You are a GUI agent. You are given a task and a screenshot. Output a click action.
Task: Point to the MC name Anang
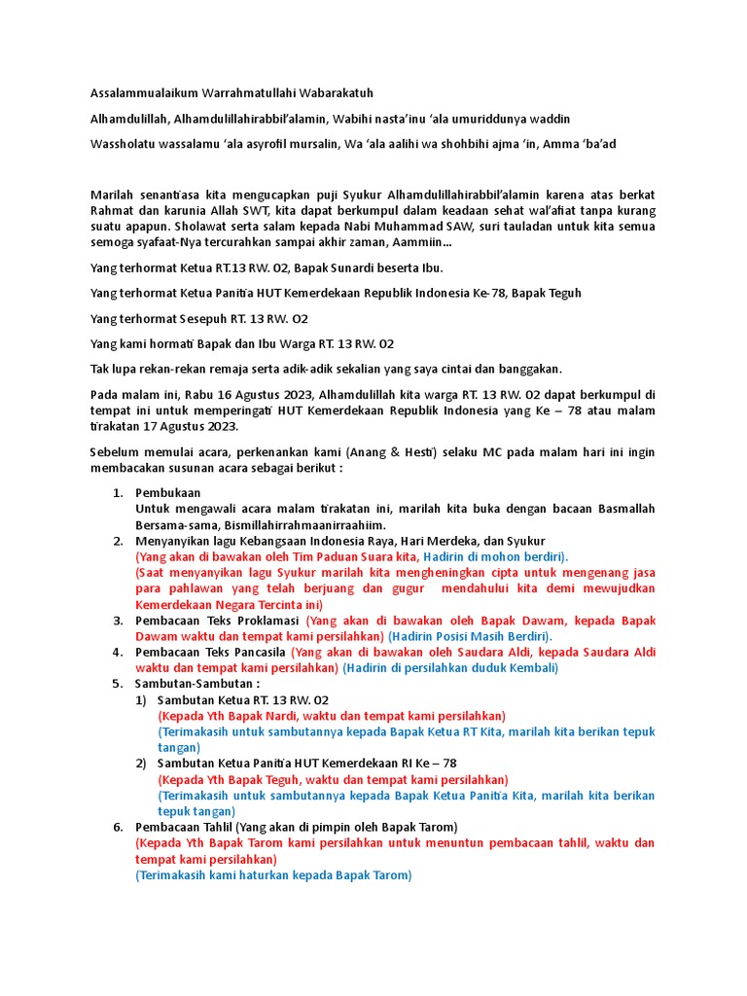tap(369, 452)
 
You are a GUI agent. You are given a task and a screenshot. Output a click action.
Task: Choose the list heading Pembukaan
tap(168, 493)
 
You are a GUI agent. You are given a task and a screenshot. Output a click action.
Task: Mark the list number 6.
tap(118, 828)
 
